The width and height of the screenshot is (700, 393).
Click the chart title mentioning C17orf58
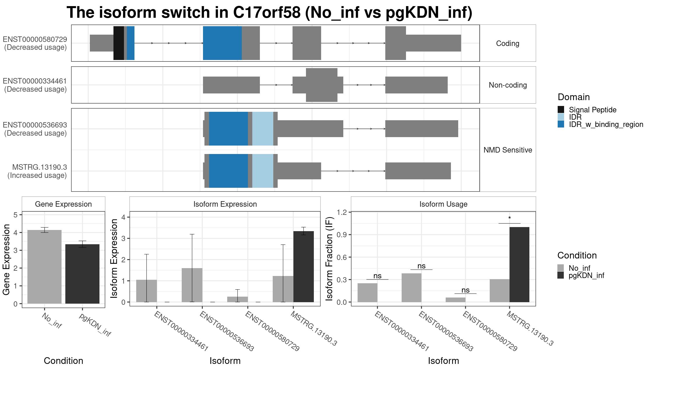point(269,13)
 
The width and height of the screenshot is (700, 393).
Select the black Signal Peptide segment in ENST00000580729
point(119,43)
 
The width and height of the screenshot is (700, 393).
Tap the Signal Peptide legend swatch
point(561,109)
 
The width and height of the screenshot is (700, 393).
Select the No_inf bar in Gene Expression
point(44,267)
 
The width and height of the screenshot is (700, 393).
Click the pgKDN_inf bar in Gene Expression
point(82,274)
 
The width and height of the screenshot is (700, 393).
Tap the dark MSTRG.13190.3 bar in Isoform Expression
point(304,267)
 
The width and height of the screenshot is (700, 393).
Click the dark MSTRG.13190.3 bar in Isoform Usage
point(519,265)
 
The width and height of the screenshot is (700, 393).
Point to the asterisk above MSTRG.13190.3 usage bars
point(510,218)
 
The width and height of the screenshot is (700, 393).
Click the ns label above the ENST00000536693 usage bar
point(421,266)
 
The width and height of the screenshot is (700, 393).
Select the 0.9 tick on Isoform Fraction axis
point(342,235)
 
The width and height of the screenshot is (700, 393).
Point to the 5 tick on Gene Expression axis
point(15,215)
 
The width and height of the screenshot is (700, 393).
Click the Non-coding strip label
point(508,85)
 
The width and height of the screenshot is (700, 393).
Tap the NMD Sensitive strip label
point(508,150)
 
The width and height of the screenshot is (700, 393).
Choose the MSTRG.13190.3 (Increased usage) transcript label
point(37,171)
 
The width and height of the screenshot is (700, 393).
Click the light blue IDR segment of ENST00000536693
point(263,129)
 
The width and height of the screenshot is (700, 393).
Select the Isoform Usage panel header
point(443,204)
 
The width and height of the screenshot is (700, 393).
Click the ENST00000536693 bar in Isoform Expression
point(192,285)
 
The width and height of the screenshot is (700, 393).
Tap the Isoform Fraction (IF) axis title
point(329,259)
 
